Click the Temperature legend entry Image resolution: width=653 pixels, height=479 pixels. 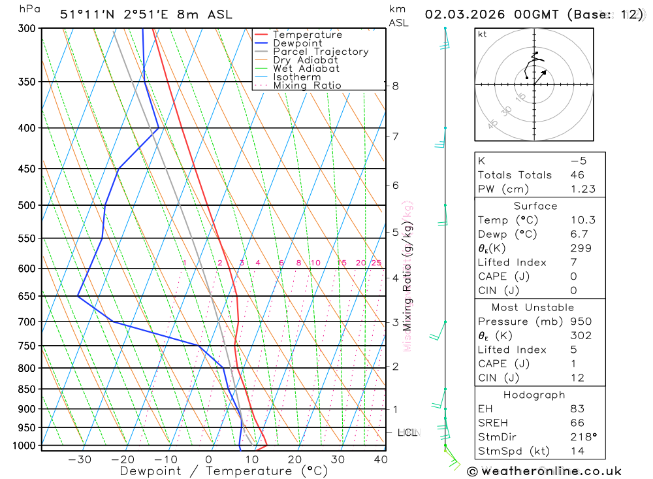tap(307, 35)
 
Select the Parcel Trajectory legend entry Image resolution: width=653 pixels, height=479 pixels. tap(321, 52)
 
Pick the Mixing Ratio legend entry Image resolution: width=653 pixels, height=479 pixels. tap(307, 86)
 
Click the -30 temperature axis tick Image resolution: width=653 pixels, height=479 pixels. tap(80, 459)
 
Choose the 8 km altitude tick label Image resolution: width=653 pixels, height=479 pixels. tap(396, 86)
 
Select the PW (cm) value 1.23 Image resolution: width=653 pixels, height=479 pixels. tap(583, 189)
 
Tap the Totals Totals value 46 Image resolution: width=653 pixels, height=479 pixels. tap(577, 174)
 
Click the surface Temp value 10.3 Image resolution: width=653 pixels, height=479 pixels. tap(583, 220)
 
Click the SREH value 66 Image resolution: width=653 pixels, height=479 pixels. tap(577, 423)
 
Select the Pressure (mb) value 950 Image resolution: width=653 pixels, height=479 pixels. tap(580, 322)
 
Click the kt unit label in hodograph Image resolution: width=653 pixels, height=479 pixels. tap(483, 34)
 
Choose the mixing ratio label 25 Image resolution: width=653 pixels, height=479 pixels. tap(376, 263)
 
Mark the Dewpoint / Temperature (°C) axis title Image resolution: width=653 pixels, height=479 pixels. tap(223, 471)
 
